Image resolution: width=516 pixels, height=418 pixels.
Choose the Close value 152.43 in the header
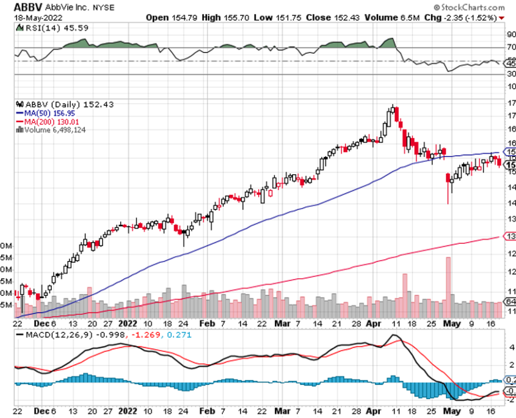pos(327,17)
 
